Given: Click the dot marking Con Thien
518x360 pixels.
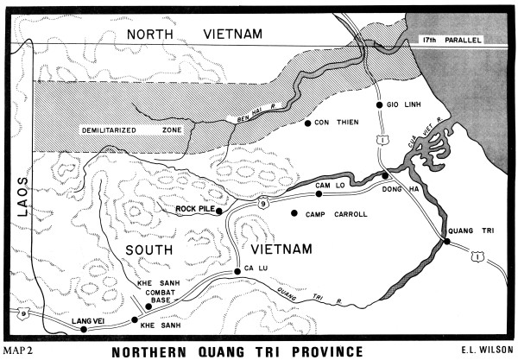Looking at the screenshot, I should point(308,124).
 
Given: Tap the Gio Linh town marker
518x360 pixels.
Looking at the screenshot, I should point(379,105).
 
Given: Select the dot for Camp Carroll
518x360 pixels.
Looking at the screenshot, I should point(294,212).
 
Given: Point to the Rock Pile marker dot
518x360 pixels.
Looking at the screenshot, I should point(219,210).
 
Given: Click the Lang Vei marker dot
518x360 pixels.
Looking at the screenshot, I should point(84,330).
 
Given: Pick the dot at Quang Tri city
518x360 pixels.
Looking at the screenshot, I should point(446,243).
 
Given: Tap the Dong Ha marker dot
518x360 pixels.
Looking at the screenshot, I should point(385,175).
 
